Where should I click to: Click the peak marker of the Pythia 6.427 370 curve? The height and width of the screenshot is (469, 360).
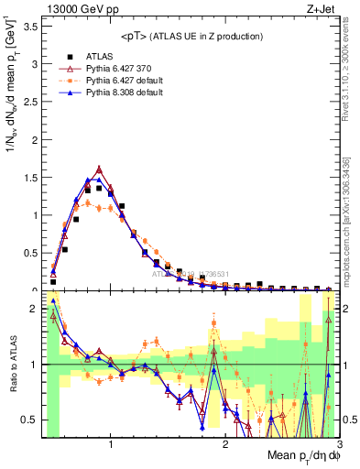pos(99,169)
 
